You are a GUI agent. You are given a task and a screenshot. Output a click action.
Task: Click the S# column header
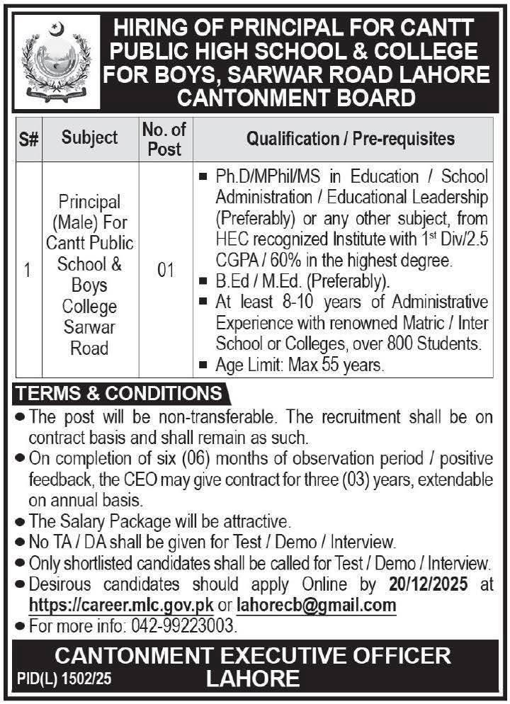[28, 138]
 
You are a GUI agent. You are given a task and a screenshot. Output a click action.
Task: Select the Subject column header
[90, 137]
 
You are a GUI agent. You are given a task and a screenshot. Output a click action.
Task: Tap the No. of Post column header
[164, 139]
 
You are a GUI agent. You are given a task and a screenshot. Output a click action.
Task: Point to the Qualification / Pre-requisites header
[350, 138]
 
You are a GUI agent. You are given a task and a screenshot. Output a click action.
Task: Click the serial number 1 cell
[28, 270]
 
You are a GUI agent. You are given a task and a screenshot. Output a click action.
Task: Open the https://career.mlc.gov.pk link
[120, 606]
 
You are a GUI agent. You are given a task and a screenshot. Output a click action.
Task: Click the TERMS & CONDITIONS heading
[119, 393]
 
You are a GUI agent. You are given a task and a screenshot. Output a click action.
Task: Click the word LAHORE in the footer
[253, 679]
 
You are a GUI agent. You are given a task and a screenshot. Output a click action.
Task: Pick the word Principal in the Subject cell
[90, 203]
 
